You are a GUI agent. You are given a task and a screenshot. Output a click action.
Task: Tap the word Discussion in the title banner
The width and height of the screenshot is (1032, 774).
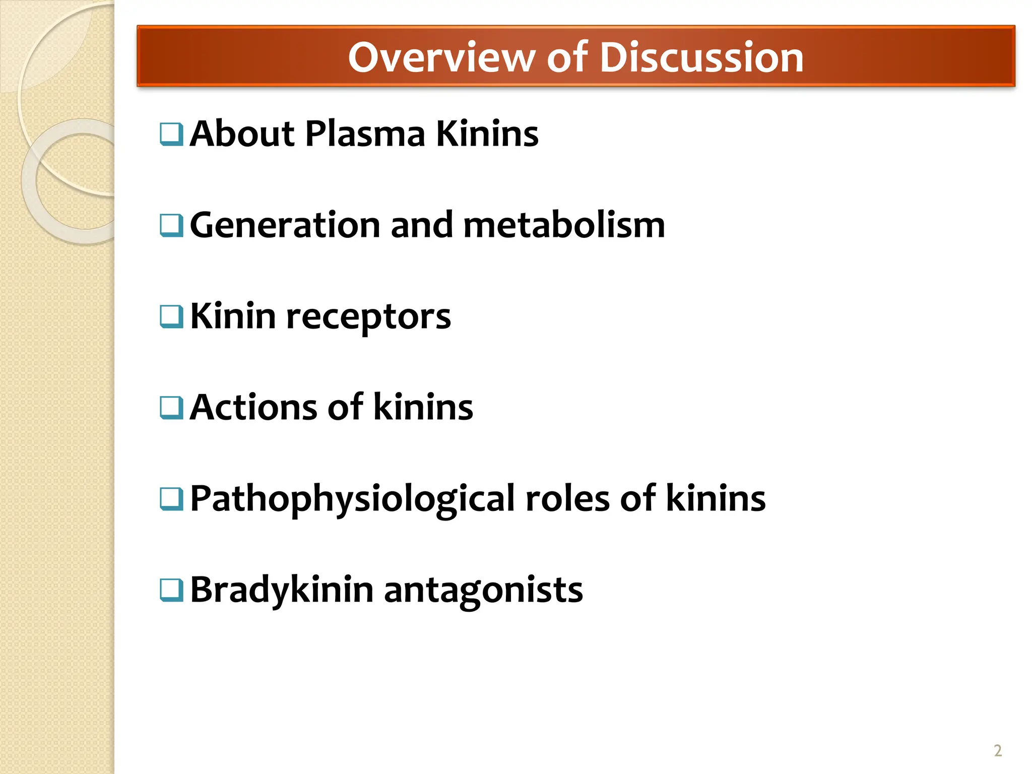pos(701,57)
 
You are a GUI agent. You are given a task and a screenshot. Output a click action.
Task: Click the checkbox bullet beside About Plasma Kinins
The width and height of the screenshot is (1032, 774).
pos(171,135)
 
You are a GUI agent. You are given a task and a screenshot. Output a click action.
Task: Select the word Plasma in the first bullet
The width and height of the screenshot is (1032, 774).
pos(365,134)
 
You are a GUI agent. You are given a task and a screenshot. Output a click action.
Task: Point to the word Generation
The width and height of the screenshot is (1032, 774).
pos(285,225)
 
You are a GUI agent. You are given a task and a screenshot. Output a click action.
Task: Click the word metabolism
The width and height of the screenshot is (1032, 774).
pos(564,225)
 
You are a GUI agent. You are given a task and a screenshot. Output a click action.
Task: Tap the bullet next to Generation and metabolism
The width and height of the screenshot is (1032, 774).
pos(171,226)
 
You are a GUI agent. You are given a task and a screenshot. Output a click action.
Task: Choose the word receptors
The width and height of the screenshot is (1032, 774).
pos(368,317)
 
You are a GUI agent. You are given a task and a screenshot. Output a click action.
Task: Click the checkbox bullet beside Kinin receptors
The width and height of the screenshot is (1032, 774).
pos(171,317)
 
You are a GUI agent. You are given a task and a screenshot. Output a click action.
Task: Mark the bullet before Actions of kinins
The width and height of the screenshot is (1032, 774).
pos(171,408)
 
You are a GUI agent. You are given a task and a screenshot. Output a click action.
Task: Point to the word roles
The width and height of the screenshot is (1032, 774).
pos(567,499)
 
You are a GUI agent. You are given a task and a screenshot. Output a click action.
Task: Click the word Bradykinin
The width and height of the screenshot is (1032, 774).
pos(282,590)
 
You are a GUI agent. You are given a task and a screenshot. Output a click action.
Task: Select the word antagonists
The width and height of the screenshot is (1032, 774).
pos(483,590)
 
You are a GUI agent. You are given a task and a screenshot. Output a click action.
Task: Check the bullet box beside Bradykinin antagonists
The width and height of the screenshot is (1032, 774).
pos(171,590)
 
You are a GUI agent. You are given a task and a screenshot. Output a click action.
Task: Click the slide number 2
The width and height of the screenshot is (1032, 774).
pos(997,751)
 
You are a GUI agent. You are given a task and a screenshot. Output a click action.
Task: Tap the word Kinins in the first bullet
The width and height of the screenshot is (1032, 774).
pos(487,134)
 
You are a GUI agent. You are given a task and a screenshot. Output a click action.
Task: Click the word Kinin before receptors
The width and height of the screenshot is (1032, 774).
pos(233,317)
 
